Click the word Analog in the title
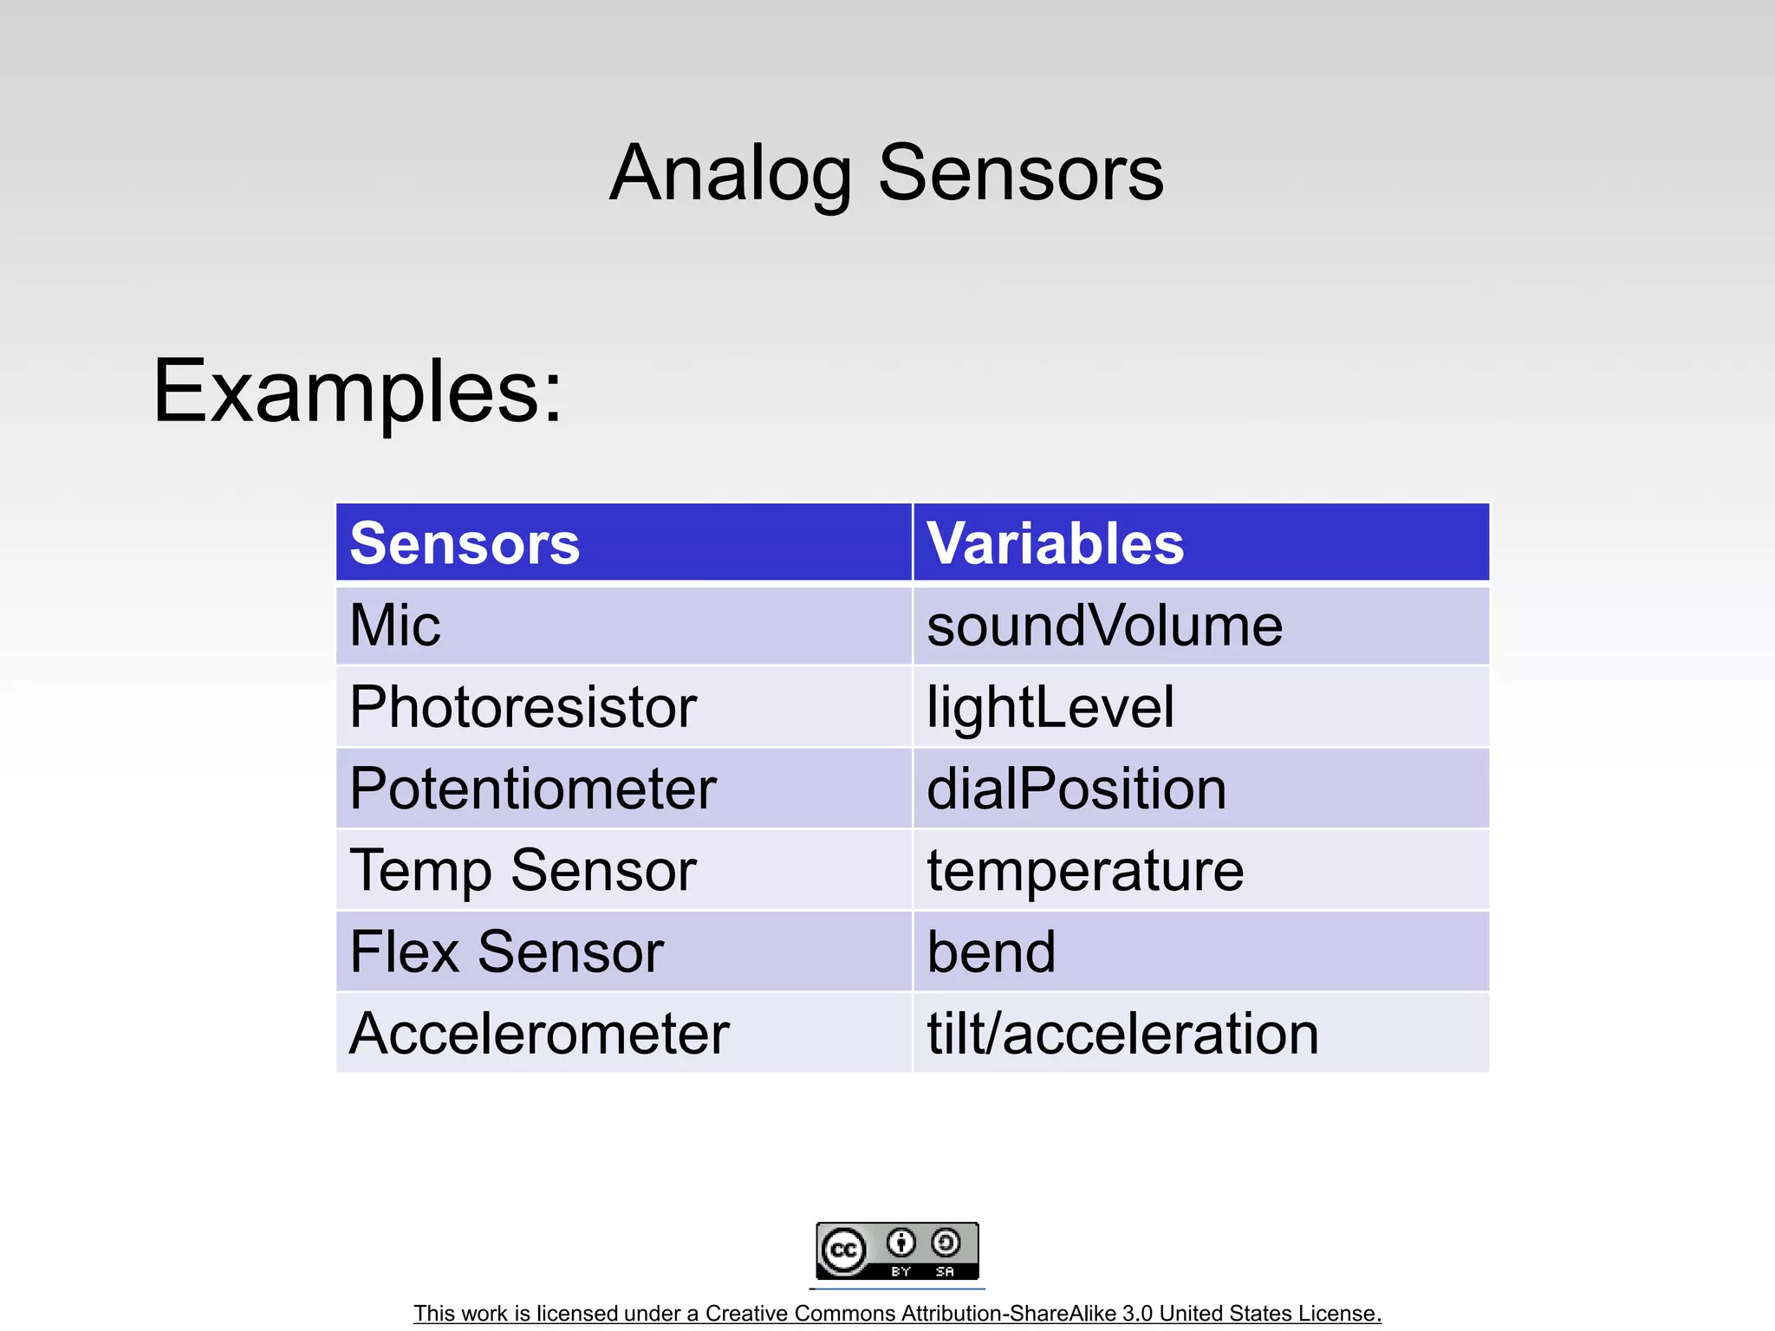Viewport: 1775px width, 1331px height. (x=730, y=173)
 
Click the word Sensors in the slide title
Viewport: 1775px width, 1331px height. (x=1020, y=173)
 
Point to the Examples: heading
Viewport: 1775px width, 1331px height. (x=357, y=392)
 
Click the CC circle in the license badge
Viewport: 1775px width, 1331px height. (x=843, y=1250)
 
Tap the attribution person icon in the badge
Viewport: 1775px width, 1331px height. (x=901, y=1243)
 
